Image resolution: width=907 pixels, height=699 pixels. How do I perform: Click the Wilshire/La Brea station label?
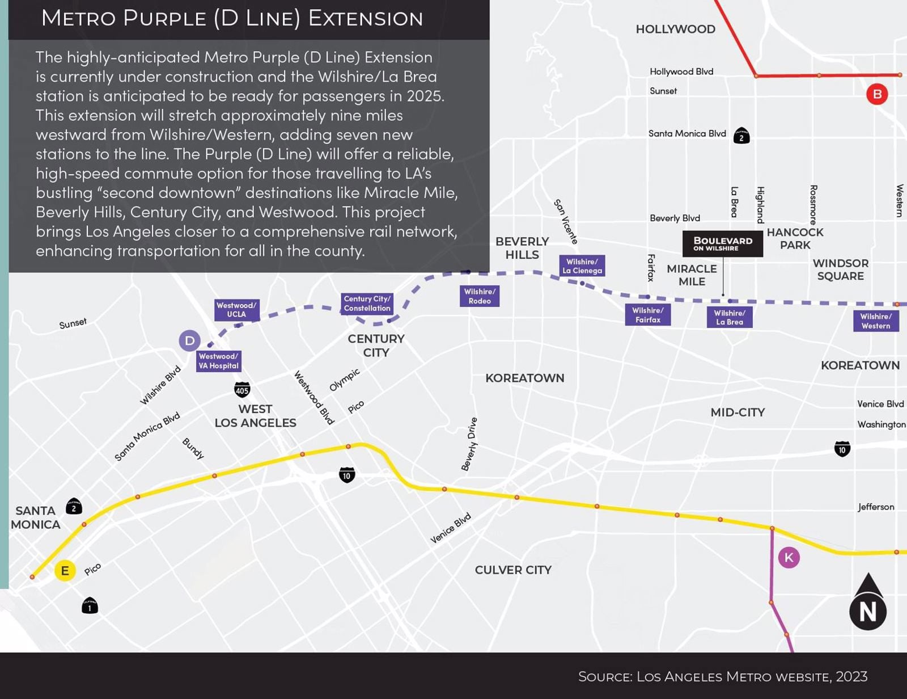point(729,317)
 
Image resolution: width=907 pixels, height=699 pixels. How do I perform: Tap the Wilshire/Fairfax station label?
point(647,315)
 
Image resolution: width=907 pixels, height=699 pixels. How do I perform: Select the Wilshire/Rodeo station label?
point(479,296)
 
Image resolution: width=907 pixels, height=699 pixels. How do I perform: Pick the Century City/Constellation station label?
point(367,304)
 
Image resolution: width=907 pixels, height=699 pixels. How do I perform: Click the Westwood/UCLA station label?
point(236,310)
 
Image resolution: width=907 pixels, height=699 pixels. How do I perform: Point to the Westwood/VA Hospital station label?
point(218,361)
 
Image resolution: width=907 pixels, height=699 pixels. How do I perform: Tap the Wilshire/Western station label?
point(875,321)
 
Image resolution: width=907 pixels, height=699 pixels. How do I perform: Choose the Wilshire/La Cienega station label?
point(582,266)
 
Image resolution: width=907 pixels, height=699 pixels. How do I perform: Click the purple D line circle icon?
point(189,340)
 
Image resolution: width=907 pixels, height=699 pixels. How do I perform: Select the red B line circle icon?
point(876,94)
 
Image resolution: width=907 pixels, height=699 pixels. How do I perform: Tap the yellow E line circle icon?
point(65,570)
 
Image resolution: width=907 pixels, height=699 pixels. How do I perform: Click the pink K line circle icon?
point(789,557)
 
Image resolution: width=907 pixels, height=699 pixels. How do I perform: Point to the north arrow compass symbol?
point(867,603)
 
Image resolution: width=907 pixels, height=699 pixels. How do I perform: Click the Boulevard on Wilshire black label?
point(722,243)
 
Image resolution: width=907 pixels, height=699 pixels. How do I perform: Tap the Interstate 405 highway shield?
point(242,390)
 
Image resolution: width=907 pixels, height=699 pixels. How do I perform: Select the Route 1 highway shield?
point(90,606)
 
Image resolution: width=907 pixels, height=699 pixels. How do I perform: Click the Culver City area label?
point(512,570)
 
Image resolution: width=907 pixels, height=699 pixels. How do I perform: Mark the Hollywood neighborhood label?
point(675,29)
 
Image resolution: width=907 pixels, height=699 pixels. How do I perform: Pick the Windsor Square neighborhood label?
point(840,270)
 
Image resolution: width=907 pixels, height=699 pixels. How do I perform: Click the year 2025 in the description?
point(425,96)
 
